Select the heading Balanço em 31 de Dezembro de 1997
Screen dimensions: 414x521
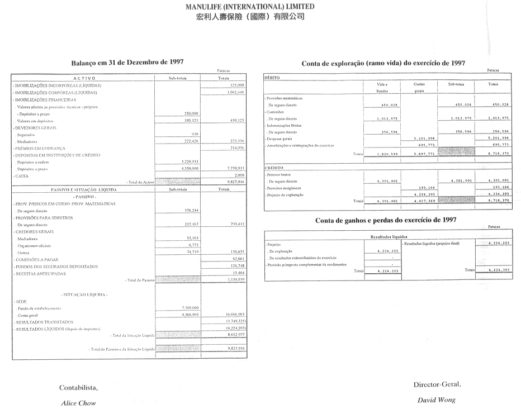tap(127, 63)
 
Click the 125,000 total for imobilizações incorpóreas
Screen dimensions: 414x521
tap(237, 85)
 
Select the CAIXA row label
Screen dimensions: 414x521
tap(19, 175)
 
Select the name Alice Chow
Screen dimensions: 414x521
tap(78, 402)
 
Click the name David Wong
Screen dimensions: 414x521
tap(436, 399)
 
